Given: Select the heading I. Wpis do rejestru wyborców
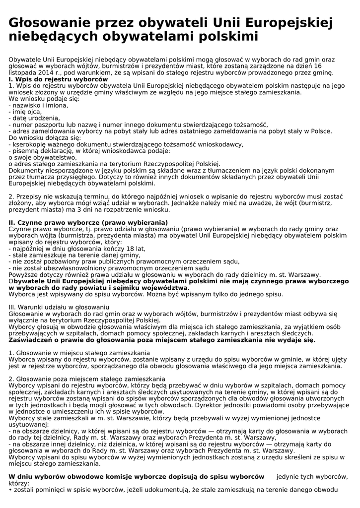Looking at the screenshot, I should [58, 79].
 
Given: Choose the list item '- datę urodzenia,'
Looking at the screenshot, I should [34, 118].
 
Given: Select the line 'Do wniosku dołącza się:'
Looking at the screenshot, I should [45, 137].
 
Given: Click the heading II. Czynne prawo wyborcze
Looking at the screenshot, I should [88, 222].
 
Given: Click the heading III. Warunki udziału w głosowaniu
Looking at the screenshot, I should [59, 307].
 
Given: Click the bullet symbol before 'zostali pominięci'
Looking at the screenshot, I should [10, 490].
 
